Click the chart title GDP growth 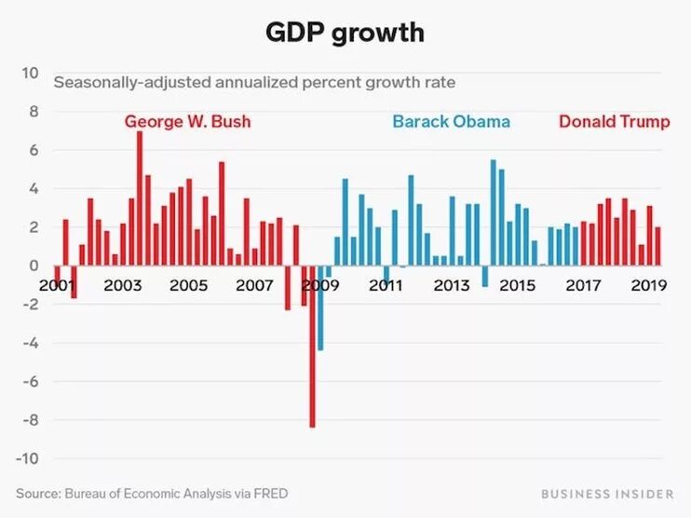point(345,33)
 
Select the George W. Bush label point(187,122)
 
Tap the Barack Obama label point(451,122)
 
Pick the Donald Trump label point(614,122)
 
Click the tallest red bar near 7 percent point(140,198)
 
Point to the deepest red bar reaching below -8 point(313,347)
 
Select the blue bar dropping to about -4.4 point(320,308)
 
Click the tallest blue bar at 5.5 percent point(494,212)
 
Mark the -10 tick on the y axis point(26,458)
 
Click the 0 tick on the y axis point(33,266)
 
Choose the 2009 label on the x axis point(320,285)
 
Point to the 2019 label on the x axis point(648,285)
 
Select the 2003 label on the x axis point(123,285)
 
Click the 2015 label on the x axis point(517,285)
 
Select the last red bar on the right point(657,246)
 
